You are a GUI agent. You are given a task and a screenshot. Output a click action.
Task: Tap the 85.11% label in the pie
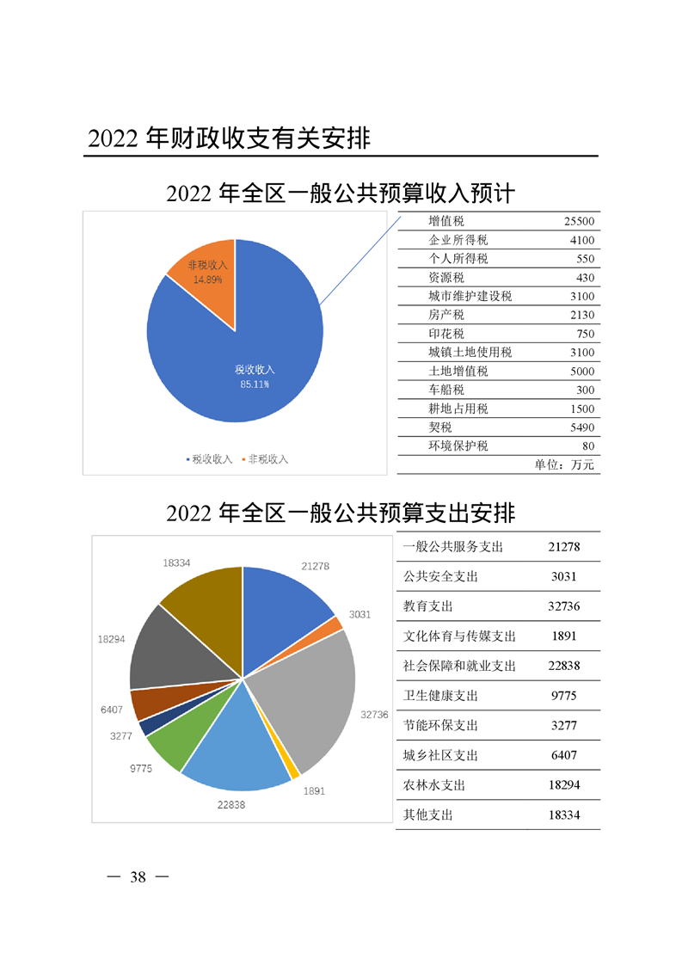click(x=255, y=384)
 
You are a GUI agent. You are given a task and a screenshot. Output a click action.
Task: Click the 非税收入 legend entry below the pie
click(x=265, y=459)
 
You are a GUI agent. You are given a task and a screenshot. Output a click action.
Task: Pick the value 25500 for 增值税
click(x=579, y=222)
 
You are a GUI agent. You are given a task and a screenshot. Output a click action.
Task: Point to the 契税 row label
click(x=440, y=427)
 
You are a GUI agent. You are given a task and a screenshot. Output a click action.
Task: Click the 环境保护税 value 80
click(x=588, y=446)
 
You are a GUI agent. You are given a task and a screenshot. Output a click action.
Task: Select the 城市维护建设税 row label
click(x=470, y=296)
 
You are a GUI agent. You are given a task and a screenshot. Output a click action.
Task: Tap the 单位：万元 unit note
click(x=564, y=464)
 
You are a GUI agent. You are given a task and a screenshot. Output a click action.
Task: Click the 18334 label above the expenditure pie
click(x=176, y=563)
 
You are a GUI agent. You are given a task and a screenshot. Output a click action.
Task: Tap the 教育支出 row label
click(x=427, y=606)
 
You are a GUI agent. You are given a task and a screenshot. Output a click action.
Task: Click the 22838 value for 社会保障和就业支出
click(x=564, y=666)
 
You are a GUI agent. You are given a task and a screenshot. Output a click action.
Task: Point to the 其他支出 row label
click(x=427, y=814)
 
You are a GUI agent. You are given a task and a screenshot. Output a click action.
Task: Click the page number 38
click(x=138, y=877)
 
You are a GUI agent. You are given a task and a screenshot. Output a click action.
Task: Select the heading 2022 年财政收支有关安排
click(x=229, y=138)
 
